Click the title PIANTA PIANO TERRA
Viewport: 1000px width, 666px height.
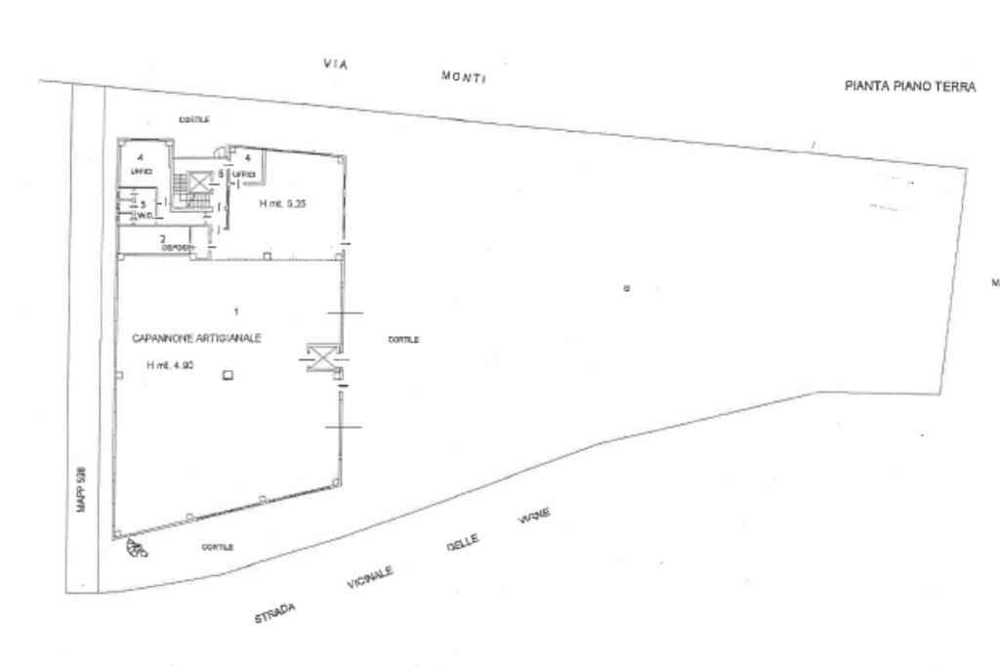point(909,87)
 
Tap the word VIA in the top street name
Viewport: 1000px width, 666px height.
point(336,64)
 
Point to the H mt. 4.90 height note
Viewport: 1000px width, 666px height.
point(169,366)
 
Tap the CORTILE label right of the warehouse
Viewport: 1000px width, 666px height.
point(403,340)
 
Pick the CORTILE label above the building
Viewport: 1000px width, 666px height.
point(194,119)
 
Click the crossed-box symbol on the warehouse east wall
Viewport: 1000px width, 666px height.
point(321,357)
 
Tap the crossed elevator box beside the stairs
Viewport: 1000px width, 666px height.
point(199,181)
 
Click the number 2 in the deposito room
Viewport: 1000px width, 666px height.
point(163,238)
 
